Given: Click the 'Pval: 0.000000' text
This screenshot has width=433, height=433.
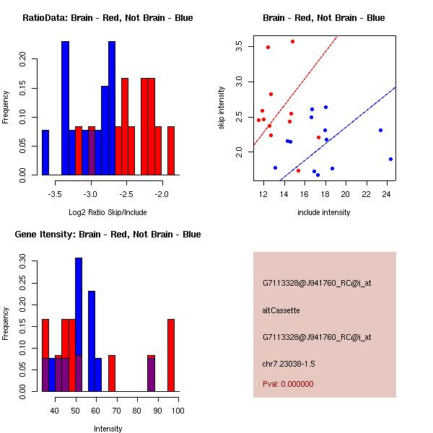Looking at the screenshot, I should coord(288,384).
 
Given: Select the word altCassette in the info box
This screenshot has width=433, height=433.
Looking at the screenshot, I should coord(281,310).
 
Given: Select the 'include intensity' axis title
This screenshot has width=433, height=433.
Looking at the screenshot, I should coord(324,212).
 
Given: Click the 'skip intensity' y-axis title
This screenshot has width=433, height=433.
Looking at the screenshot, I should coord(222,108).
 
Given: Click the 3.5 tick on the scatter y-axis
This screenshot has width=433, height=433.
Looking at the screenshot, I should coord(239,46).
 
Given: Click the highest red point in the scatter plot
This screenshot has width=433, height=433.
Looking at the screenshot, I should coord(292,41).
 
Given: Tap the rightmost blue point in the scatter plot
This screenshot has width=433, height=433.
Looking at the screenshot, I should coord(390,159).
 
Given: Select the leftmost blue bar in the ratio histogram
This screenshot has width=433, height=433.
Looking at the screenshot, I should coord(45,152).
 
